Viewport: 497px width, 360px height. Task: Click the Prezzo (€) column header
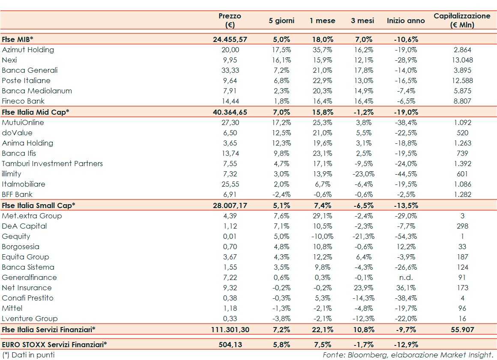[x=230, y=20]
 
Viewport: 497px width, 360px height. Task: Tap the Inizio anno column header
[x=406, y=21]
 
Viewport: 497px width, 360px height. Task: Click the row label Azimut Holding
[x=28, y=50]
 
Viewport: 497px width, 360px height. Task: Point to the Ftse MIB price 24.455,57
[x=230, y=39]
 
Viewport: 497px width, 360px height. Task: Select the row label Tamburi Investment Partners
[x=52, y=164]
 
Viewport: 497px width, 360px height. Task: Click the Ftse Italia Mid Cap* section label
[x=36, y=112]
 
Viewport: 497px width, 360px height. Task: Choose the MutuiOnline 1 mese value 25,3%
[x=322, y=122]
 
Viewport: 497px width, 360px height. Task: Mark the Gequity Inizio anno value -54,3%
[x=405, y=236]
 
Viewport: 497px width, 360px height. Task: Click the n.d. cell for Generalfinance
[x=405, y=277]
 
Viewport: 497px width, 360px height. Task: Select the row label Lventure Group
[x=30, y=318]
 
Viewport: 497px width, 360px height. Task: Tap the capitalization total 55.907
[x=462, y=330]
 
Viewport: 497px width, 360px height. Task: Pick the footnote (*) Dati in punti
[x=28, y=355]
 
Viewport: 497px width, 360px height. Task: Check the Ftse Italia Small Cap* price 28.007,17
[x=230, y=205]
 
